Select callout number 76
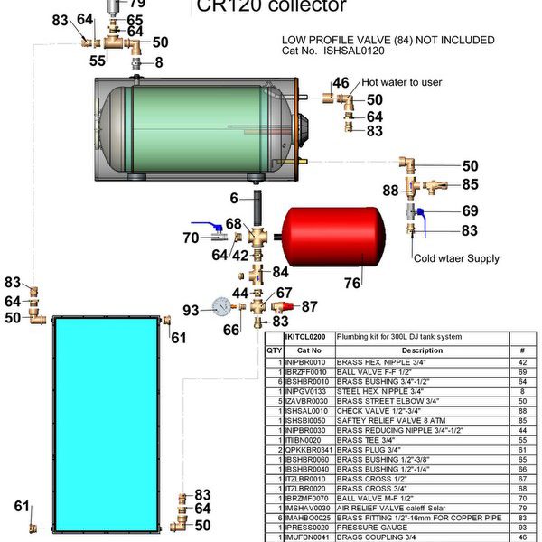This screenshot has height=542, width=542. [351, 284]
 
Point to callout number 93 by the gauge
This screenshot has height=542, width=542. [192, 310]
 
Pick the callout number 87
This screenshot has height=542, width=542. [309, 307]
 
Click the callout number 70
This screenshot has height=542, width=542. [191, 238]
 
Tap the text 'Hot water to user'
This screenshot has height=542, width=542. [402, 82]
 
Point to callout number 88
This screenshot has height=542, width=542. [390, 191]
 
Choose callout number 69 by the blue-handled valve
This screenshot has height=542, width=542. [470, 210]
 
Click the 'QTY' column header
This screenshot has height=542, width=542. [275, 350]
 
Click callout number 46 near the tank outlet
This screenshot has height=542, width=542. [341, 83]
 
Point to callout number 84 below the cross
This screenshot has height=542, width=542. [281, 272]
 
